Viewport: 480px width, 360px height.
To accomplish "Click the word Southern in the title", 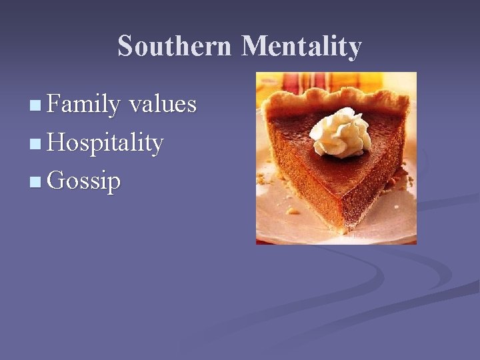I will tap(175, 47).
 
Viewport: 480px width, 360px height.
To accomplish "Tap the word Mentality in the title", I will tap(301, 47).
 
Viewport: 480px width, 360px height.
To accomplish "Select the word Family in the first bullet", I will tap(83, 105).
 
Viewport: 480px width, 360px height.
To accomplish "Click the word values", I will tap(163, 105).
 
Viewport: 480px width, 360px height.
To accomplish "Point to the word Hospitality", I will tap(105, 143).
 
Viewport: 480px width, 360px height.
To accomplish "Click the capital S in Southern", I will tap(125, 47).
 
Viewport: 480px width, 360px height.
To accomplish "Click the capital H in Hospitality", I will tap(58, 142).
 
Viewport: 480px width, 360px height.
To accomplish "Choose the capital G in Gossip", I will tap(58, 181).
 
